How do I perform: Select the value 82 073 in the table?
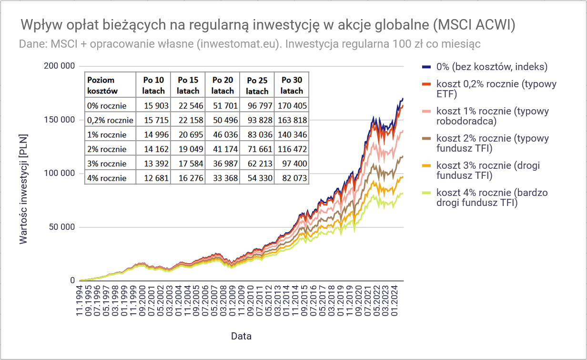tap(294, 178)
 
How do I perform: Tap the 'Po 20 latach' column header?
tap(223, 85)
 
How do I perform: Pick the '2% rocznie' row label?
tap(107, 149)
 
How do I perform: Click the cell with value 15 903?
tap(156, 106)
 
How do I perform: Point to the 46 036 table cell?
tap(225, 134)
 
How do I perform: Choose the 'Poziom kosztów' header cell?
tap(102, 85)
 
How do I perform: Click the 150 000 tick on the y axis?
tap(59, 120)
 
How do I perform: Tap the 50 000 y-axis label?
tap(62, 227)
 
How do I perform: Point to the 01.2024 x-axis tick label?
tap(394, 301)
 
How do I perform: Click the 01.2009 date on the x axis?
tap(232, 301)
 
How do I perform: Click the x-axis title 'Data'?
tap(241, 336)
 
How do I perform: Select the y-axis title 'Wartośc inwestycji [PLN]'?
tap(23, 189)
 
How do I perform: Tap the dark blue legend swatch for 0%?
tap(426, 67)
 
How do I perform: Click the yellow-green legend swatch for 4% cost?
tap(426, 193)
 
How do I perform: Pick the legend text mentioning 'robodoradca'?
tap(492, 116)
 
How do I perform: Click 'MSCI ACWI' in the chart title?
tap(475, 25)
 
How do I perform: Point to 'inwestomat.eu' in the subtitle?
tap(238, 44)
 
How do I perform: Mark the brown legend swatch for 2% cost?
tap(426, 138)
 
